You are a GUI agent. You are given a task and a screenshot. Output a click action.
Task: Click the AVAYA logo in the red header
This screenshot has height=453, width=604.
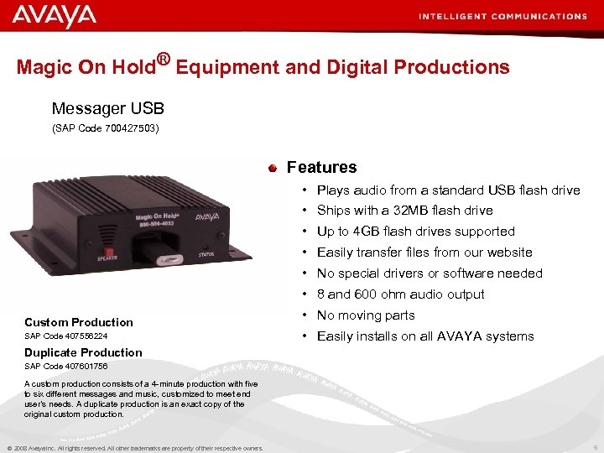(x=55, y=16)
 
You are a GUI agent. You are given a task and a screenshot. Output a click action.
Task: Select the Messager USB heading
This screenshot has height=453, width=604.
(x=107, y=108)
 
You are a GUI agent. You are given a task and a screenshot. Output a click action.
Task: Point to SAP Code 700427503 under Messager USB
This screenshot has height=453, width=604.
(x=106, y=128)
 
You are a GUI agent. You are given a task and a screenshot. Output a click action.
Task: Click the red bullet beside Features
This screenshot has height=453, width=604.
(x=273, y=168)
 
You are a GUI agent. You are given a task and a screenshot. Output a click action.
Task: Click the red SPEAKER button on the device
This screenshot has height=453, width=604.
(x=107, y=251)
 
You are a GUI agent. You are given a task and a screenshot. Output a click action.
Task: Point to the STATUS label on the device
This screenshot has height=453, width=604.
(x=206, y=253)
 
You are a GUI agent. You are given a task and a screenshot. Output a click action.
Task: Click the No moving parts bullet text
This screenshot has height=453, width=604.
(x=366, y=315)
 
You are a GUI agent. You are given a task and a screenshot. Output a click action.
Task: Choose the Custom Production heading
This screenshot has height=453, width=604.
(x=79, y=322)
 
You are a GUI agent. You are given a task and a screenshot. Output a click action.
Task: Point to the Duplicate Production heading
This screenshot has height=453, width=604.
(x=83, y=352)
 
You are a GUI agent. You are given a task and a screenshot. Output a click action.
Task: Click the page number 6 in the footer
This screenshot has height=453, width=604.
(x=593, y=447)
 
